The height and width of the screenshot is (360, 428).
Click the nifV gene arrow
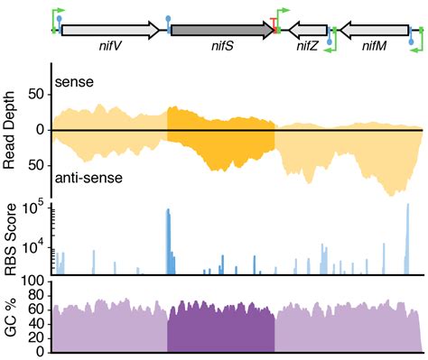click(109, 30)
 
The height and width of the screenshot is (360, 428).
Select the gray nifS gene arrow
click(220, 30)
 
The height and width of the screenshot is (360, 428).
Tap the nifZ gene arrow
click(307, 30)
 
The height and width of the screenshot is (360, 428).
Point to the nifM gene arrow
click(371, 30)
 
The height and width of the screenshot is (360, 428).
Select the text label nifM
click(373, 47)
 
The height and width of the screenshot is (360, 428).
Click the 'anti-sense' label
click(89, 178)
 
